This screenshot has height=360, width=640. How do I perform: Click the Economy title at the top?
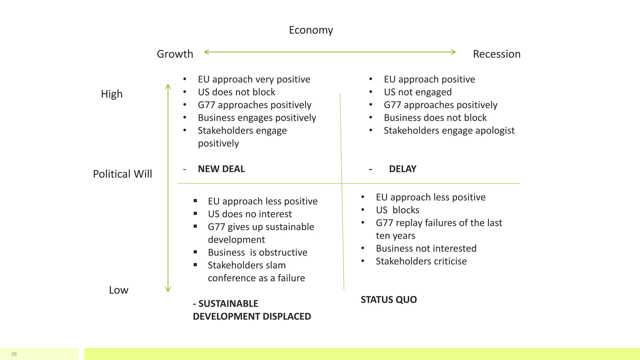click(x=311, y=30)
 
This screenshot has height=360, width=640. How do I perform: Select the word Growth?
click(x=175, y=54)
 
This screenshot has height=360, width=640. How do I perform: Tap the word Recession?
click(x=496, y=54)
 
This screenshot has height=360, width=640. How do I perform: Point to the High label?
click(x=112, y=94)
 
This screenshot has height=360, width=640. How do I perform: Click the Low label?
click(x=118, y=290)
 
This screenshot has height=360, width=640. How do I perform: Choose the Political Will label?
click(x=122, y=174)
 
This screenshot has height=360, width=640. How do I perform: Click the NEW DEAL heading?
click(x=221, y=169)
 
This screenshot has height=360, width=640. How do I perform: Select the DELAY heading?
click(x=402, y=169)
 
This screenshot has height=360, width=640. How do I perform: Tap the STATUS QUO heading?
click(x=388, y=300)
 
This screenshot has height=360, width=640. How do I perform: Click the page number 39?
click(x=14, y=354)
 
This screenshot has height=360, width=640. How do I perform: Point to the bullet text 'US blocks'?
click(x=397, y=210)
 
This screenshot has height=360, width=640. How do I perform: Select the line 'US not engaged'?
click(x=417, y=92)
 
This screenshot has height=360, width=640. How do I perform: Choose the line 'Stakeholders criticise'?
click(x=421, y=261)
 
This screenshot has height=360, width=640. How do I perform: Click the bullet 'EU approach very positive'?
click(x=254, y=79)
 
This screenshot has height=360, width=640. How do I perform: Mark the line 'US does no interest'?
click(x=249, y=214)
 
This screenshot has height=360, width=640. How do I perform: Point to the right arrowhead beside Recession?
click(x=454, y=52)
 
